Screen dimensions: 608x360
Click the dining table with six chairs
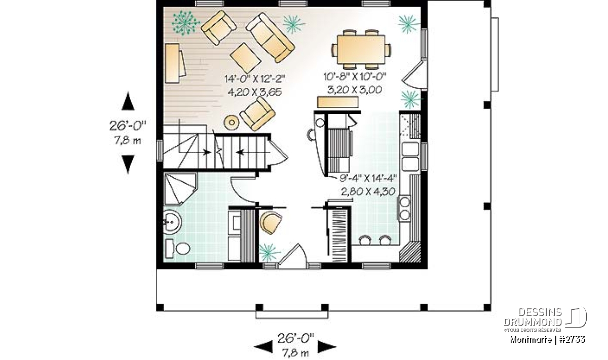pos(361,50)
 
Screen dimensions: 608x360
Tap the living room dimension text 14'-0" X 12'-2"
pos(255,79)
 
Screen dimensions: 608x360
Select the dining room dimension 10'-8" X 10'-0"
pos(355,77)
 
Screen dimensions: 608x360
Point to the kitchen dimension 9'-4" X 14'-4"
pos(368,178)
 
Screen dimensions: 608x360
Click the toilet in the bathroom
pos(177,249)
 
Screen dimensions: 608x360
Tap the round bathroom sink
pos(172,222)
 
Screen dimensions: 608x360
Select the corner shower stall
pos(180,189)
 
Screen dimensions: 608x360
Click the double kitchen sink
pos(410,157)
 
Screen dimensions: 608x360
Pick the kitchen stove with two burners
pos(404,208)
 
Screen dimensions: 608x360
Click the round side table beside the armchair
pos(232,123)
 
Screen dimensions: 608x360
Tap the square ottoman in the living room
pos(245,58)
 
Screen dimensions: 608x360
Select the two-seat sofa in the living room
pos(271,37)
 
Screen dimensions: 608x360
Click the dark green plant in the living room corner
pos(185,23)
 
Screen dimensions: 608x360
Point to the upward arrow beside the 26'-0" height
pos(128,101)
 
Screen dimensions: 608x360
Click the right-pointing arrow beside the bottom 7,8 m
pos(327,347)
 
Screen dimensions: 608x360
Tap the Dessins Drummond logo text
pos(533,317)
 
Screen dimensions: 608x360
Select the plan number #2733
pos(573,340)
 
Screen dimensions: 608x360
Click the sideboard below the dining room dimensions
pos(337,102)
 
